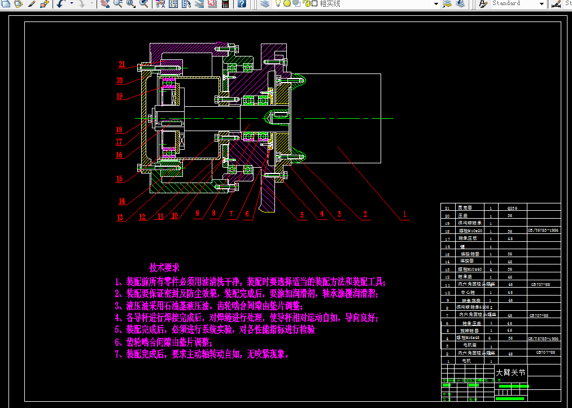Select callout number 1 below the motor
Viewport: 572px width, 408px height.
[x=404, y=215]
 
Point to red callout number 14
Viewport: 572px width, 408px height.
[x=121, y=201]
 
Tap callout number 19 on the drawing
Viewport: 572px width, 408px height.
[x=120, y=96]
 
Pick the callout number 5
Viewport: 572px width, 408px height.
[x=302, y=215]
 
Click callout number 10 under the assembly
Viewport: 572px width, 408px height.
[x=175, y=215]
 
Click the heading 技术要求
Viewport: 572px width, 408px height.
[x=164, y=267]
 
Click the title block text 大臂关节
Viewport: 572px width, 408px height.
[x=510, y=372]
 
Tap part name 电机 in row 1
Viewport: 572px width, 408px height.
[x=466, y=360]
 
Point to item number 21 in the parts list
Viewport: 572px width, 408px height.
[x=448, y=208]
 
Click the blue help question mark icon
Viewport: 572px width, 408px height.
[x=242, y=4]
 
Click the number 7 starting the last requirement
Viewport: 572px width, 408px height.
[x=117, y=355]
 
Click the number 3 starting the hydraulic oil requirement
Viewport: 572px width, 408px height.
[x=117, y=306]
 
